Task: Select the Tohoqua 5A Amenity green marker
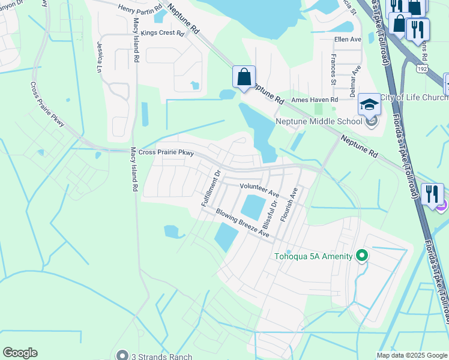click(x=361, y=256)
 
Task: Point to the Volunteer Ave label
click(x=260, y=191)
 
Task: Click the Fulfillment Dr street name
click(x=212, y=188)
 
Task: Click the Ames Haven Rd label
click(x=315, y=100)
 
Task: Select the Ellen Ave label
click(x=348, y=40)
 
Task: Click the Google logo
click(x=20, y=353)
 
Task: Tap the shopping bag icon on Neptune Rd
click(x=244, y=77)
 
